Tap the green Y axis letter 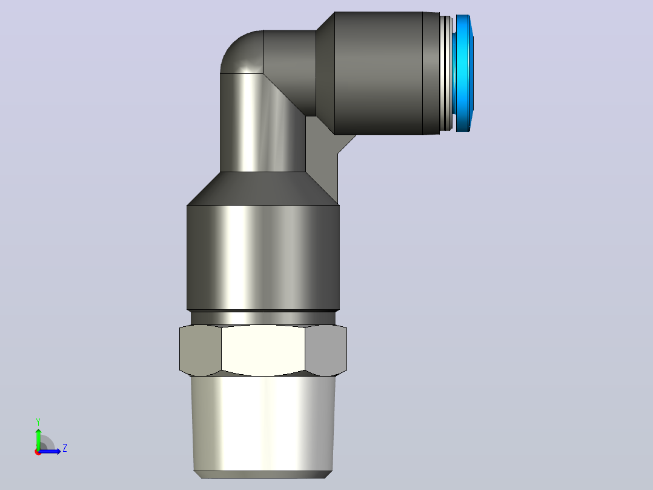[38, 421]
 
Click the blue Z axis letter [65, 448]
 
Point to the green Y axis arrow [38, 439]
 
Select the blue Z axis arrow [50, 451]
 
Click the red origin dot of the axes [38, 452]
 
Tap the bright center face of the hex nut [263, 351]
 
